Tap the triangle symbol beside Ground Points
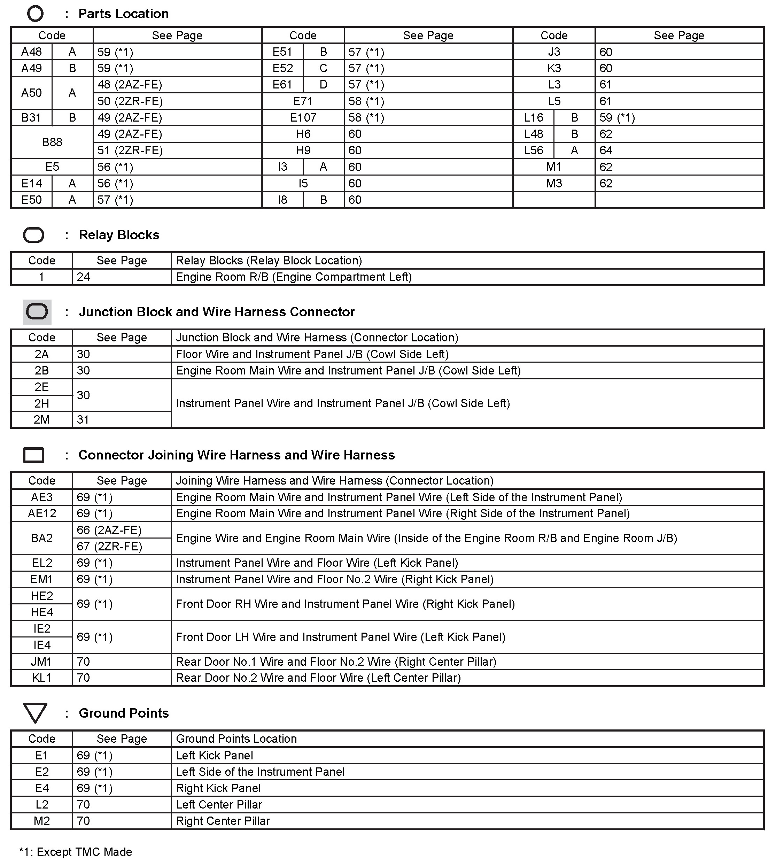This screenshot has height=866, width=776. tap(35, 713)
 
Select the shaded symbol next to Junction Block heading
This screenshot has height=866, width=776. tap(37, 312)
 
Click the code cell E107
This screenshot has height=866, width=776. tap(303, 118)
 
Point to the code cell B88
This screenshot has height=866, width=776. tap(52, 142)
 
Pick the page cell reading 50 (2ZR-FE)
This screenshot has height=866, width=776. tap(130, 101)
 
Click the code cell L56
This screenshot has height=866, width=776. tap(534, 150)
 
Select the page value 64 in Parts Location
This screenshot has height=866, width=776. tap(606, 150)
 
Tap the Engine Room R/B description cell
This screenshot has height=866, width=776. tap(294, 277)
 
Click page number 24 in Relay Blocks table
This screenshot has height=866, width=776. tap(84, 277)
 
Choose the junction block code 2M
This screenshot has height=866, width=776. tap(42, 420)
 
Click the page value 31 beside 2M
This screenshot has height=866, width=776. tap(83, 420)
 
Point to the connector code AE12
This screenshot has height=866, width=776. tap(42, 513)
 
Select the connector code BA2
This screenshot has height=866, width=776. tap(42, 538)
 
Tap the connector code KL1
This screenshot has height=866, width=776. tap(42, 678)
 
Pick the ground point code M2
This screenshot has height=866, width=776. tap(42, 821)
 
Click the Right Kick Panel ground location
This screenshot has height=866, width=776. tap(218, 788)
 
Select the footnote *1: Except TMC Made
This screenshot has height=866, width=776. tap(76, 852)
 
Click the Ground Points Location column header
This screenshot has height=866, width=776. tap(236, 739)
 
